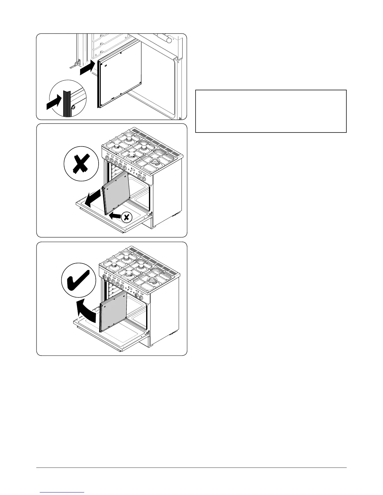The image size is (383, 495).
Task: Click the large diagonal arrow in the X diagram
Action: point(94,199)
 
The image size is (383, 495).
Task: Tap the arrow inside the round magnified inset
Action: point(54,103)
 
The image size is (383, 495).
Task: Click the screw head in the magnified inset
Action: point(73,107)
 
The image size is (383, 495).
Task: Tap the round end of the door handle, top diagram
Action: point(169,40)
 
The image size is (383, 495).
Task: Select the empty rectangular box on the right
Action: point(271,111)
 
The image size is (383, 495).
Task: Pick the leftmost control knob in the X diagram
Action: point(108,159)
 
